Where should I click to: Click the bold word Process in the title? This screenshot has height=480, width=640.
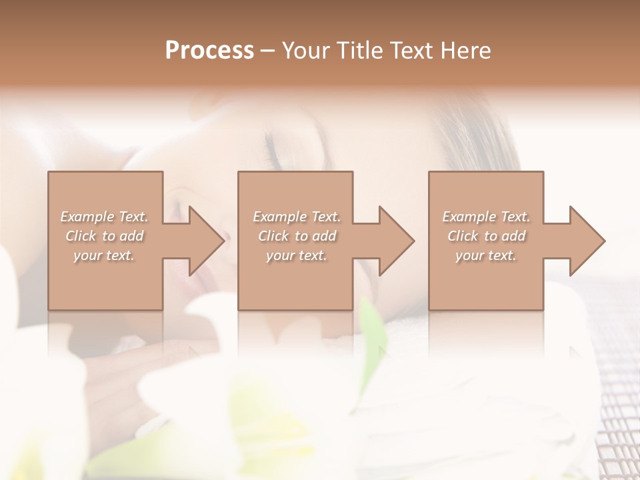click(x=209, y=51)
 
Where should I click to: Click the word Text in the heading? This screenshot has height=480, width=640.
click(x=411, y=51)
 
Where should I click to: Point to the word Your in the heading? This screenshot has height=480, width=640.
click(x=307, y=51)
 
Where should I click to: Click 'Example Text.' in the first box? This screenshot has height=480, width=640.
click(x=105, y=217)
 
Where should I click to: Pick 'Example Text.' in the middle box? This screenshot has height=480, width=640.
click(x=297, y=217)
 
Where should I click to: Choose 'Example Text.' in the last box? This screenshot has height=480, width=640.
click(x=486, y=217)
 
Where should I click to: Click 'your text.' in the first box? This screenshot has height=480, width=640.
click(x=104, y=255)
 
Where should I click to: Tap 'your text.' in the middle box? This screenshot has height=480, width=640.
click(x=297, y=255)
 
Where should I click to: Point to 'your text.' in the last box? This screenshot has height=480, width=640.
click(x=486, y=255)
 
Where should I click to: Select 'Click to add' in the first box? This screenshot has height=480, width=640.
click(x=105, y=236)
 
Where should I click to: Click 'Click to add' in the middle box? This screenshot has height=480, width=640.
click(x=297, y=236)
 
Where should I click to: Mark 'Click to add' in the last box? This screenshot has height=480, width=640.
click(x=486, y=236)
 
